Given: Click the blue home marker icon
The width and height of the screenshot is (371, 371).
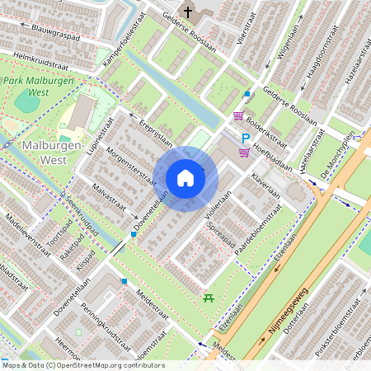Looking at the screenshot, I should point(185,177).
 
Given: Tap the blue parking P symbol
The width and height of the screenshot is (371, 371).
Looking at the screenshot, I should point(245,138).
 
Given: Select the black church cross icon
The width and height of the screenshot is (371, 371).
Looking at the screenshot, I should point(188,12).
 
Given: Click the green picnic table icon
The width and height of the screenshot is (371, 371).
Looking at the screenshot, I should point(209,298).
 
